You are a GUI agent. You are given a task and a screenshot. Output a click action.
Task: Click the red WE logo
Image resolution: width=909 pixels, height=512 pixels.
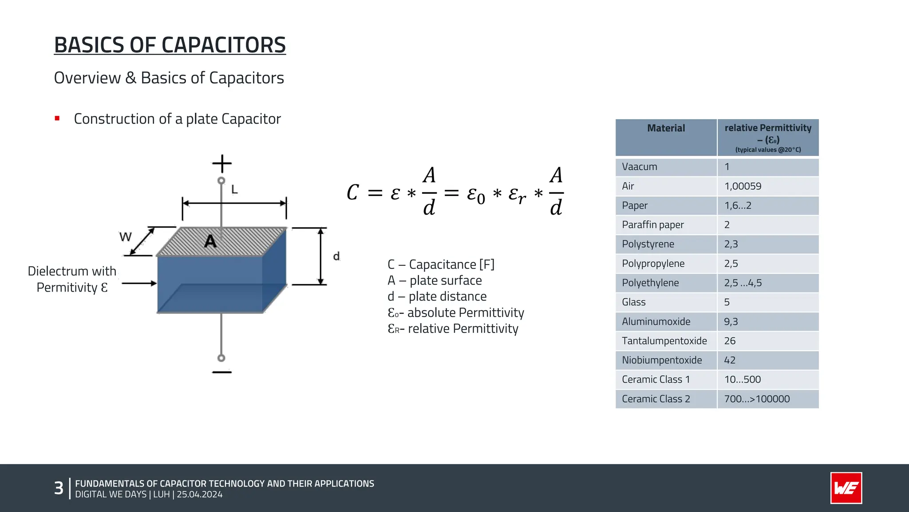tap(846, 488)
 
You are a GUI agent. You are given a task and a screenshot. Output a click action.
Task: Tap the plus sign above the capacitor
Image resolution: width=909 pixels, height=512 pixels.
tap(222, 164)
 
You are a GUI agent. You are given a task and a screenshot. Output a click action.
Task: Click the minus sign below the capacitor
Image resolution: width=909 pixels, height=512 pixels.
tap(222, 372)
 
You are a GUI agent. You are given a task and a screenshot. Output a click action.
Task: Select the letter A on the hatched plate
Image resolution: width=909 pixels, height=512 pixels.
tap(210, 241)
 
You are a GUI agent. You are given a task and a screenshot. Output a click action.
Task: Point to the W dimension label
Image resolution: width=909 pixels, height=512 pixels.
tap(126, 237)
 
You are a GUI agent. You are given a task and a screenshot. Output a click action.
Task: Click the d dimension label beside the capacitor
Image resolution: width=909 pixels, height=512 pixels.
tap(336, 256)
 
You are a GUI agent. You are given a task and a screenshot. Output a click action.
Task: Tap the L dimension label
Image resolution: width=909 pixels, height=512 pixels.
tap(234, 190)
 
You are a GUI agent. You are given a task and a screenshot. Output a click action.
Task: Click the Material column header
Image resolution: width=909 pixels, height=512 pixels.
tap(666, 128)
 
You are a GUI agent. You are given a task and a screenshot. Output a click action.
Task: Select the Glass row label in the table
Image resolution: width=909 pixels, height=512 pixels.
tap(633, 302)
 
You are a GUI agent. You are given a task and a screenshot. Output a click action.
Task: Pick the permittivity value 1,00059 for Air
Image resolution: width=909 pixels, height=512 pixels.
tap(743, 186)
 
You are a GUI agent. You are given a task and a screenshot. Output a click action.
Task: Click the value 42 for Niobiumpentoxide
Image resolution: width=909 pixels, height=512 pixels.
tap(730, 360)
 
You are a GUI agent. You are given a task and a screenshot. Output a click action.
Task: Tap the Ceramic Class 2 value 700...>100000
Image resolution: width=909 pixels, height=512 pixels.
tap(757, 399)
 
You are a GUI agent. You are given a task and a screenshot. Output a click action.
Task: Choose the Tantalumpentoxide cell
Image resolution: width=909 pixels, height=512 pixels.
tap(664, 341)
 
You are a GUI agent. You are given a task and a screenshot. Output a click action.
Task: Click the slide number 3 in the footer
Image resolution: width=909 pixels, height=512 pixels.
tap(59, 488)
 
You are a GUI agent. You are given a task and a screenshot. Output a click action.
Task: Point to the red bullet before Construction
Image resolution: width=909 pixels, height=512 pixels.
tap(57, 118)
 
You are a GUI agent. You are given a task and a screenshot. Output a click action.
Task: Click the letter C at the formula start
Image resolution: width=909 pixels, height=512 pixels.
tap(352, 192)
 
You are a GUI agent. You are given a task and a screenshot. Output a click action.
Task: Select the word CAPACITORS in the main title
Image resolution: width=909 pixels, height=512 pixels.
tap(223, 45)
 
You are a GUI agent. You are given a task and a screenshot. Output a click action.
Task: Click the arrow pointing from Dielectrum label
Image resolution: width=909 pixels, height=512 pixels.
tap(139, 283)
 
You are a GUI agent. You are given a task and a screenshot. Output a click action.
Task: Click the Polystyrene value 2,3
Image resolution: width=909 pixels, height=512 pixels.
tap(731, 244)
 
